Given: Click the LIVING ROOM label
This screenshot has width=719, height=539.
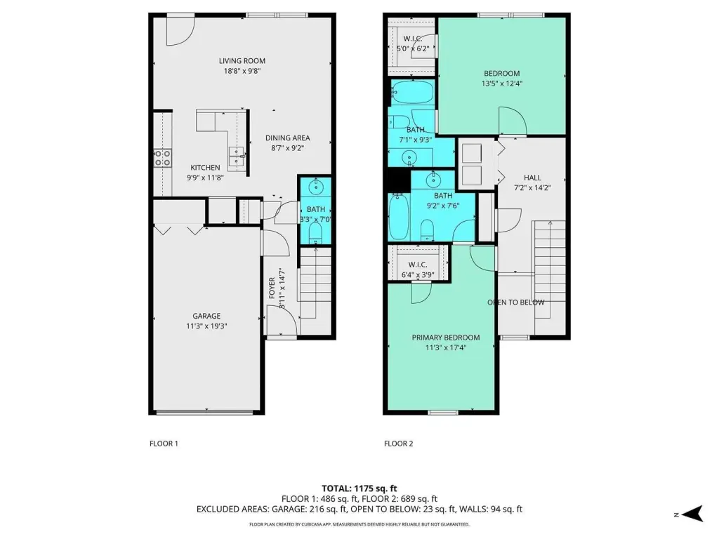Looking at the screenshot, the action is pos(242,61).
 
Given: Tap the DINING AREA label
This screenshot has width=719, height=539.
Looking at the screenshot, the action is pos(287,138).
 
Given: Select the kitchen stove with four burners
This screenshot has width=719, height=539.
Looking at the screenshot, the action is pos(162,158).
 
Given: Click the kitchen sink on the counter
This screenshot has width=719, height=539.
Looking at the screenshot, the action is pos(237,157).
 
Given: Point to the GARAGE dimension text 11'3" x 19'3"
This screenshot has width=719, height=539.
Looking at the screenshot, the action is pos(206,326).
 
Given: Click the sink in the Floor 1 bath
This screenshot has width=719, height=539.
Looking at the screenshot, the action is pos(315,187).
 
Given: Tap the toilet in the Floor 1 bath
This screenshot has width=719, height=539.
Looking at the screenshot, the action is pos(315,234).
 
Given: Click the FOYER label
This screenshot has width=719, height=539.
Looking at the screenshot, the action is pos(272,288).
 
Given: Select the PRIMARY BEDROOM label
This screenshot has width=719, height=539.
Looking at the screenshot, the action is pos(446,338).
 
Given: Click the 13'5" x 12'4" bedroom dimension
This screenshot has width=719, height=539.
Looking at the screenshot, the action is pos(501,84).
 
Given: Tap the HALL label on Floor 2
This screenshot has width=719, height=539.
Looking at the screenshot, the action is pos(532,178).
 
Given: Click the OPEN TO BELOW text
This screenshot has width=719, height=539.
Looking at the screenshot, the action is pos(516,302).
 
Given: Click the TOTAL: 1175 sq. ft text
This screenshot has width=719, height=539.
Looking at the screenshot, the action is pos(359,488).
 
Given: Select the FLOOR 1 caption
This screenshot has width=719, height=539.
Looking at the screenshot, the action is pos(164,444).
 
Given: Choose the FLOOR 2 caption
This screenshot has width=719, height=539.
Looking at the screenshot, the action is pos(399,444).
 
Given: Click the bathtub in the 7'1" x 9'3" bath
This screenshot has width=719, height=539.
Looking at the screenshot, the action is pos(412,92).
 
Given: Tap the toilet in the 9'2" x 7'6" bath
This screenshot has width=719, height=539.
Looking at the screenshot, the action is pos(427,229).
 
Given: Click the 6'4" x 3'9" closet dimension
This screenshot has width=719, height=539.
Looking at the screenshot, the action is pos(418,275).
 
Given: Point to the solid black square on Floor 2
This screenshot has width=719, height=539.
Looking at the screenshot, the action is pos(399,180).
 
